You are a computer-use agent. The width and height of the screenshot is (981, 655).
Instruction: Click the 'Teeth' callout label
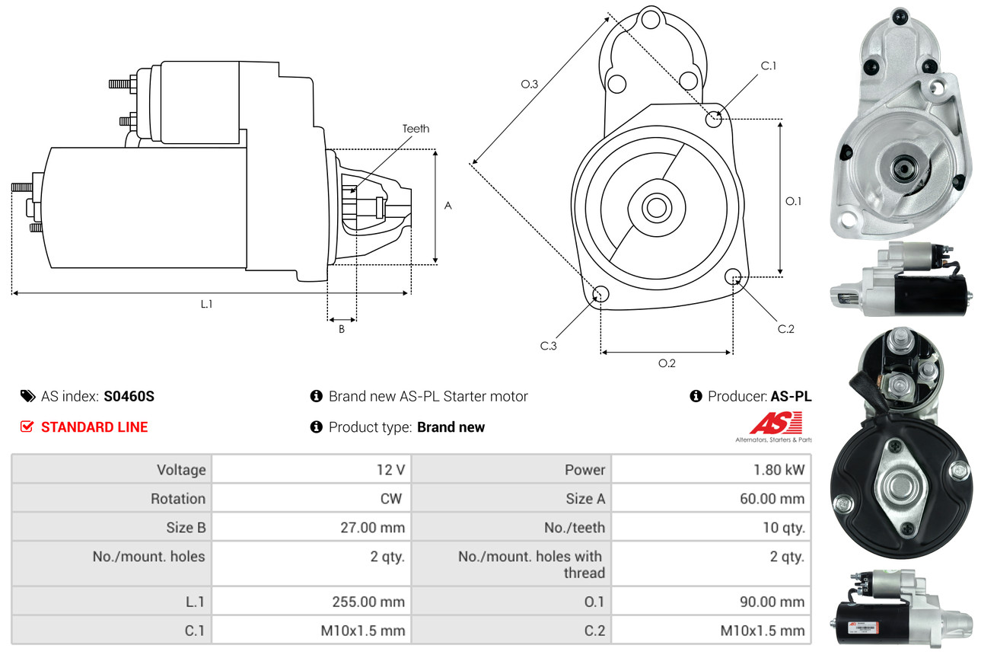pyautogui.click(x=416, y=129)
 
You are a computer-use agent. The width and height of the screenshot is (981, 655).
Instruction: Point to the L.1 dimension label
pyautogui.click(x=206, y=304)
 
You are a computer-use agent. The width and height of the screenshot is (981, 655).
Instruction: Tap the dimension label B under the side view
pyautogui.click(x=342, y=329)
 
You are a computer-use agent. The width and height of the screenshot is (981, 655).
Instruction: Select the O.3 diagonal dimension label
pyautogui.click(x=530, y=85)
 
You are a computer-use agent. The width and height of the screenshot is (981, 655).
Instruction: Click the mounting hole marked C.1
pyautogui.click(x=714, y=119)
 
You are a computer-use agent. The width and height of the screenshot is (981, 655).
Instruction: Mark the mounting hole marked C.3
pyautogui.click(x=600, y=295)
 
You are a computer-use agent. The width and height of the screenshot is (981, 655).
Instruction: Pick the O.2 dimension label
pyautogui.click(x=667, y=363)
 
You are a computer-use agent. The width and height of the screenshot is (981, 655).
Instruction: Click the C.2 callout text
pyautogui.click(x=786, y=329)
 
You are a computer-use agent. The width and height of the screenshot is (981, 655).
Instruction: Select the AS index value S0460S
pyautogui.click(x=129, y=396)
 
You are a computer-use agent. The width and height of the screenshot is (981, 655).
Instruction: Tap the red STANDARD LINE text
pyautogui.click(x=94, y=427)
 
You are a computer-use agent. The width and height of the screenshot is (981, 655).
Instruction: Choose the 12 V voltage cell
pyautogui.click(x=390, y=470)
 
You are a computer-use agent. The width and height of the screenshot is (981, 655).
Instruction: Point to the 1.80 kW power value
pyautogui.click(x=779, y=470)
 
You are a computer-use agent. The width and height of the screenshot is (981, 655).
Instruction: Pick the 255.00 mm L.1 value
pyautogui.click(x=368, y=602)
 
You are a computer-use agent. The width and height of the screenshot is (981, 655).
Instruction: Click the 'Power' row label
pyautogui.click(x=585, y=470)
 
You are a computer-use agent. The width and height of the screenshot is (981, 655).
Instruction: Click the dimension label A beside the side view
pyautogui.click(x=448, y=206)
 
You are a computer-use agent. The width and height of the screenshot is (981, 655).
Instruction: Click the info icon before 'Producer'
pyautogui.click(x=696, y=396)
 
